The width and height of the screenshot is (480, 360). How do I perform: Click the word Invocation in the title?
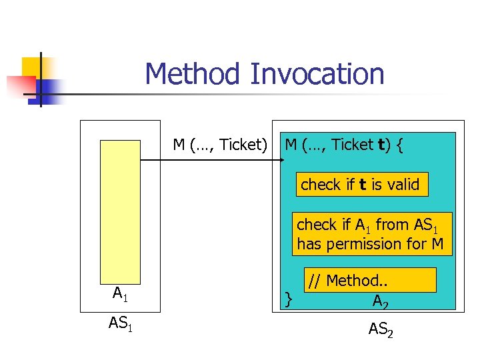pyautogui.click(x=317, y=74)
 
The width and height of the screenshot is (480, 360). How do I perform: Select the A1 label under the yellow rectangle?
pyautogui.click(x=121, y=293)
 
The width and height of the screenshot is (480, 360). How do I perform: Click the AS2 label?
pyautogui.click(x=381, y=328)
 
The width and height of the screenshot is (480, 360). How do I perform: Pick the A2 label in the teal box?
pyautogui.click(x=381, y=301)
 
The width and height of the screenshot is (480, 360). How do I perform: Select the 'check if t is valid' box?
pyautogui.click(x=361, y=185)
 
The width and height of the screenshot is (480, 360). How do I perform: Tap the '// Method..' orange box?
pyautogui.click(x=370, y=280)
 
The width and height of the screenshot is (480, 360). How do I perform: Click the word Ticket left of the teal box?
pyautogui.click(x=243, y=145)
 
